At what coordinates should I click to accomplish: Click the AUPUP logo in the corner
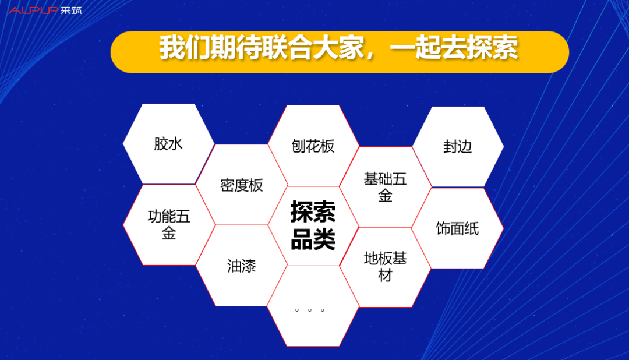pyautogui.click(x=34, y=10)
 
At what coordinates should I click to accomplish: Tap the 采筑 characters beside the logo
pyautogui.click(x=71, y=10)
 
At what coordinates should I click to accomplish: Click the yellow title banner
pyautogui.click(x=340, y=52)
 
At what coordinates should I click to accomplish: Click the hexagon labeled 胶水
pyautogui.click(x=168, y=144)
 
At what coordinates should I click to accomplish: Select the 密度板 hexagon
pyautogui.click(x=242, y=185)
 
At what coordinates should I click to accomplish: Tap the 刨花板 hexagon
pyautogui.click(x=313, y=146)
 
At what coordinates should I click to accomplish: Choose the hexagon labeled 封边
pyautogui.click(x=458, y=146)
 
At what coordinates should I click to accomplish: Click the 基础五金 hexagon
pyautogui.click(x=385, y=187)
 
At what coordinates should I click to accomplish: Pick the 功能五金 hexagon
pyautogui.click(x=169, y=225)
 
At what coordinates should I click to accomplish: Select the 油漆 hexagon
pyautogui.click(x=242, y=266)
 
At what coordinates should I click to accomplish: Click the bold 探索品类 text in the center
pyautogui.click(x=313, y=225)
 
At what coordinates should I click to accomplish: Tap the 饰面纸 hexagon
pyautogui.click(x=458, y=228)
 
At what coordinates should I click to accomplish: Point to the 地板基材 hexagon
pyautogui.click(x=385, y=267)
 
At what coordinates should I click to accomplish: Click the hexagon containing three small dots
pyautogui.click(x=313, y=306)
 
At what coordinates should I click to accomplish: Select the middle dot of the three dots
pyautogui.click(x=310, y=310)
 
